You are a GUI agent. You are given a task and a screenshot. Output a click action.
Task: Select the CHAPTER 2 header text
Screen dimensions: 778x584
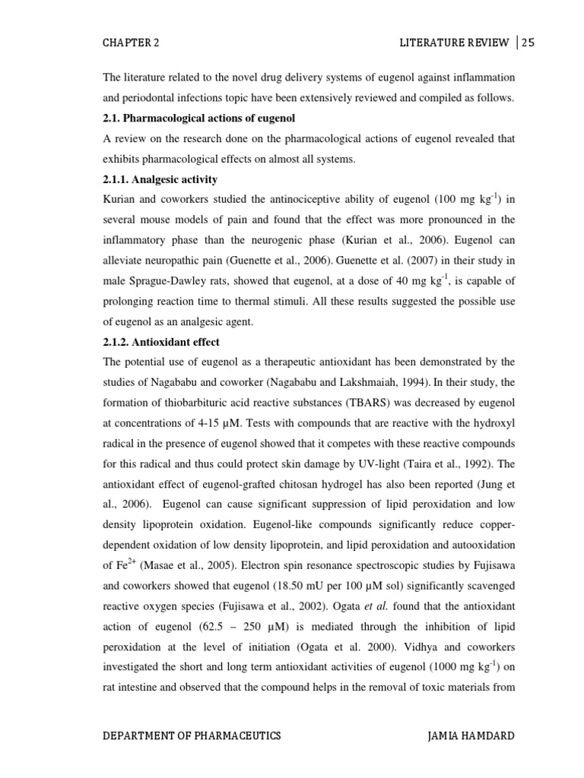point(131,43)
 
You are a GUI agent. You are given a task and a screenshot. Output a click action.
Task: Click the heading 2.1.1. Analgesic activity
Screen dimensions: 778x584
point(160,179)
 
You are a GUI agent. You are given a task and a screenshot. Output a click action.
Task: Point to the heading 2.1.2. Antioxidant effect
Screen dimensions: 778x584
point(160,342)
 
